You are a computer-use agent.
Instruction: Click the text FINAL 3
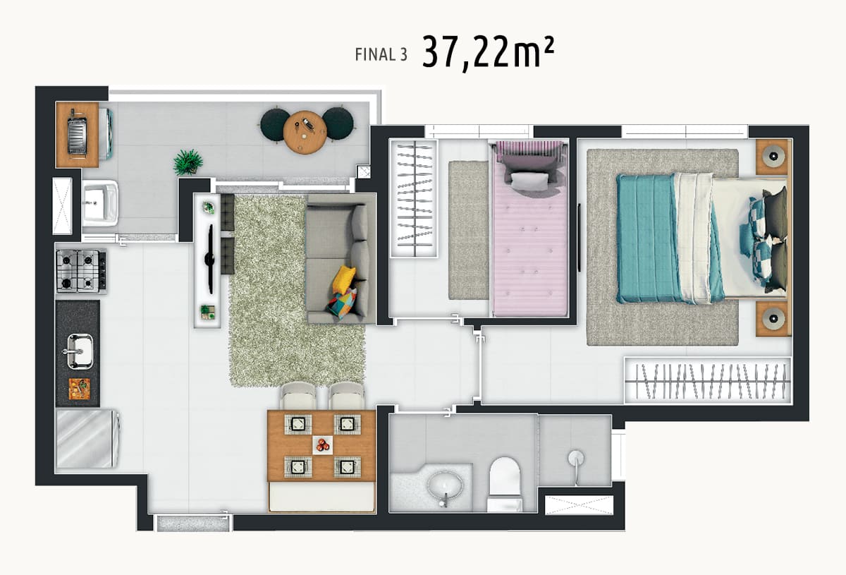[x=381, y=55]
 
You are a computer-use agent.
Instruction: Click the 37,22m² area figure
[x=488, y=53]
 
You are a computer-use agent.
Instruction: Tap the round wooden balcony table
[x=305, y=133]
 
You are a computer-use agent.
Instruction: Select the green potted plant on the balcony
[x=188, y=162]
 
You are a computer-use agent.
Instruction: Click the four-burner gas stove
[x=81, y=271]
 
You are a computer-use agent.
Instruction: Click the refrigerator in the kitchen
[x=87, y=439]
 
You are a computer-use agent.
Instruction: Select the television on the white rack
[x=210, y=260]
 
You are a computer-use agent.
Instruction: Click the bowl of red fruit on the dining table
[x=323, y=445]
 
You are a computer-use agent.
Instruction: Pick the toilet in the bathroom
[x=505, y=484]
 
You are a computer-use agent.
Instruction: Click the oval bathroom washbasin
[x=445, y=486]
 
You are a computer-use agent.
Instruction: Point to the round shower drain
[x=576, y=458]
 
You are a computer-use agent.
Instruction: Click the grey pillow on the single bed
[x=529, y=181]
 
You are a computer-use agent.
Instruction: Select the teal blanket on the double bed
[x=649, y=238]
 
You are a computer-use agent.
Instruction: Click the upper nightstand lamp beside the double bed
[x=773, y=156]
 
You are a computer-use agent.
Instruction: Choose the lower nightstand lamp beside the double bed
[x=773, y=318]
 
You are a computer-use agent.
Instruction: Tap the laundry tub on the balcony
[x=100, y=203]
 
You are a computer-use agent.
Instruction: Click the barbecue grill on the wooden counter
[x=77, y=135]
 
